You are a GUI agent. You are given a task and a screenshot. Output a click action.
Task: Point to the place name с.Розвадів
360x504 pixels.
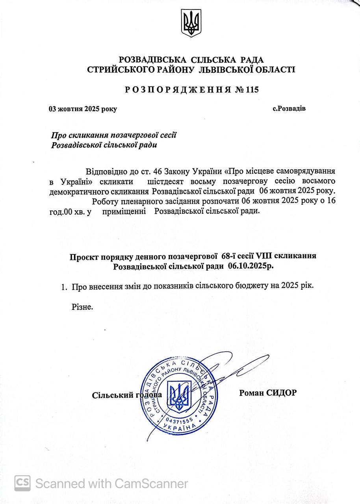pos(289,108)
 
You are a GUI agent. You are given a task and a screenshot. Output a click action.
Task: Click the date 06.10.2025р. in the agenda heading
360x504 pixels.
pos(251,266)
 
